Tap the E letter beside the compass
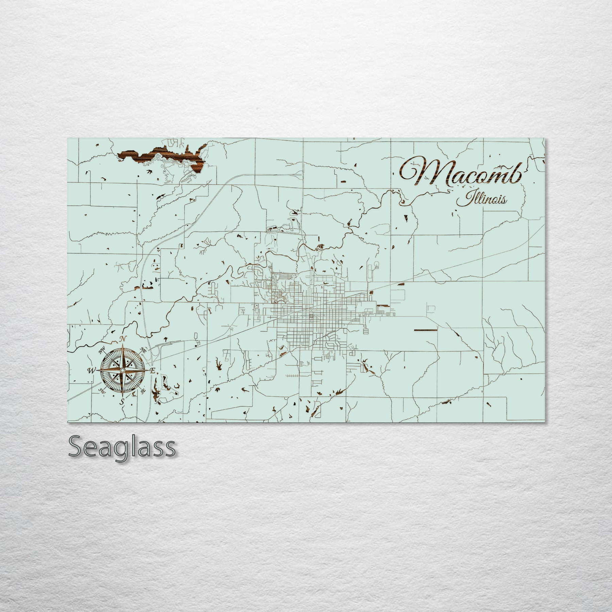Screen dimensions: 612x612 (153, 371)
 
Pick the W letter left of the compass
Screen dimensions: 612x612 (91, 370)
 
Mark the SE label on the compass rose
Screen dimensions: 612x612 (143, 391)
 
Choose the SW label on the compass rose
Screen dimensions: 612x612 (101, 391)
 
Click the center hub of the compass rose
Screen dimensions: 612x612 (122, 370)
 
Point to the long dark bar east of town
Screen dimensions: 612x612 (425, 330)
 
